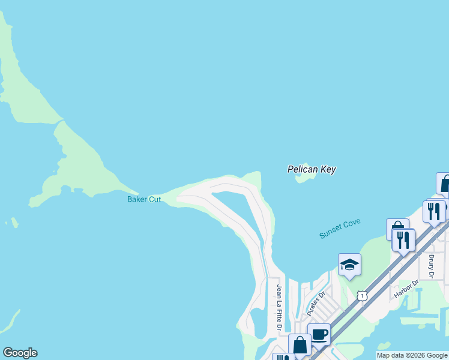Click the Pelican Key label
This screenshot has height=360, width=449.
311,170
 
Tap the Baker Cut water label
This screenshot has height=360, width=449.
144,199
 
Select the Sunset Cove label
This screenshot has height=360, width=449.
340,229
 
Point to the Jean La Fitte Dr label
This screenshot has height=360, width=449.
279,309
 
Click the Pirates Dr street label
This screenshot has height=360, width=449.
315,304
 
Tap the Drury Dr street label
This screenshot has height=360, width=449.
431,266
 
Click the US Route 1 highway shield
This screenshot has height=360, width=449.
361,296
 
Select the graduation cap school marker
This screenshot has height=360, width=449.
349,265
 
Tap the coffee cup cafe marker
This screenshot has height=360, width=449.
319,334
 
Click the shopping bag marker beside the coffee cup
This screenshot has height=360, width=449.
300,345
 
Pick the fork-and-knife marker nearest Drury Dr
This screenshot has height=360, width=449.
403,240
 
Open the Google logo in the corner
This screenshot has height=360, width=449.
20,353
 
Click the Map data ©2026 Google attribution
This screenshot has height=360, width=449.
412,355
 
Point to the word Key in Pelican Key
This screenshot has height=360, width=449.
327,170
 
